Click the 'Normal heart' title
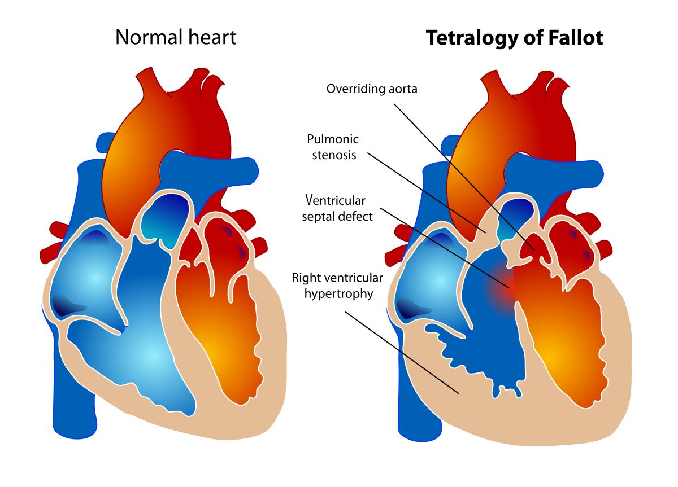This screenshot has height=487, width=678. [x=176, y=37]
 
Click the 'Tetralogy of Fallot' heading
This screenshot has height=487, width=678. [x=514, y=38]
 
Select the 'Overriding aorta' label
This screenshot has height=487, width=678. [x=372, y=89]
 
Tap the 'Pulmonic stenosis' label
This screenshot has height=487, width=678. [x=333, y=147]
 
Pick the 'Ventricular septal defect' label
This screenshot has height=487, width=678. [x=337, y=208]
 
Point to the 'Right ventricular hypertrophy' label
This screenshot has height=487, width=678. [x=337, y=286]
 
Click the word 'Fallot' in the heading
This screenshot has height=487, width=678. [x=575, y=37]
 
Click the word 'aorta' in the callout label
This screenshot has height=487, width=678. [x=402, y=89]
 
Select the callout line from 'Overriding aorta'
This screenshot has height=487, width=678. [x=464, y=177]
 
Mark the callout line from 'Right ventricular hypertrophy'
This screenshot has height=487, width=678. [x=402, y=353]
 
